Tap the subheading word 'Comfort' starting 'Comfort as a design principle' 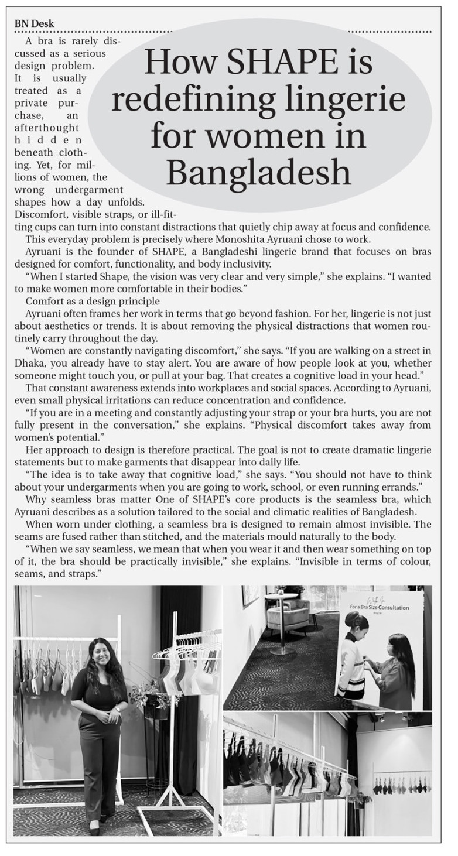[x=44, y=301]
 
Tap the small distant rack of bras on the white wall [x=402, y=784]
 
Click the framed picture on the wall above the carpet [x=250, y=595]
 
